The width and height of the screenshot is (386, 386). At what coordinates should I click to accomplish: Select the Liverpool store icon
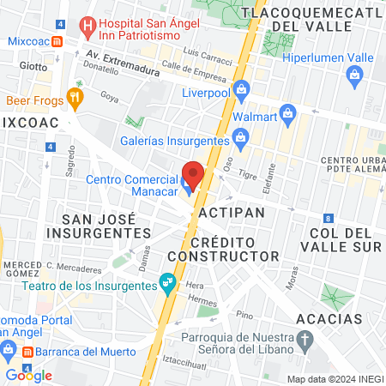[x=242, y=88]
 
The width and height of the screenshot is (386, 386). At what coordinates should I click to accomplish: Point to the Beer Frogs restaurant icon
[x=75, y=100]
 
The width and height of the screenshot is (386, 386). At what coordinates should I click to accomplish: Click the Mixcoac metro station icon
[x=57, y=40]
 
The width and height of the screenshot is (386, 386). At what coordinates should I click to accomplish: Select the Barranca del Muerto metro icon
[x=27, y=352]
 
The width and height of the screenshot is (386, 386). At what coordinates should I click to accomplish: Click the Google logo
[x=28, y=375]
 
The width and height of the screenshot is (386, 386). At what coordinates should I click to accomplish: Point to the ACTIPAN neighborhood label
[x=228, y=210]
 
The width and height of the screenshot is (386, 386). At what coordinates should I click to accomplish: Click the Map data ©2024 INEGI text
[x=335, y=378]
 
